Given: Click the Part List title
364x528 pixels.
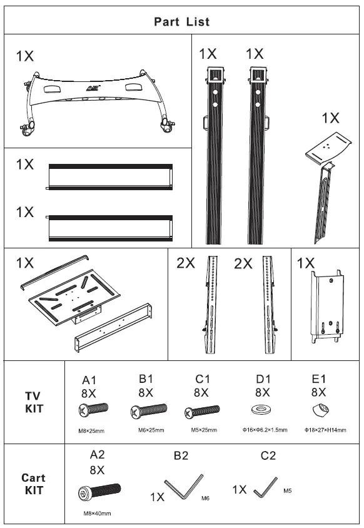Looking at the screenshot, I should pyautogui.click(x=182, y=22).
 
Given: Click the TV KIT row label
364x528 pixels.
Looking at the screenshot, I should pyautogui.click(x=33, y=402).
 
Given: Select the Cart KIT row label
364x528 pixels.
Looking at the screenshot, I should pyautogui.click(x=33, y=484).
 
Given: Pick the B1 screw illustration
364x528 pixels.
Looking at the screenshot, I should pyautogui.click(x=149, y=411).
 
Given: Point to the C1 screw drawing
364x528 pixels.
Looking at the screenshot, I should pyautogui.click(x=201, y=412).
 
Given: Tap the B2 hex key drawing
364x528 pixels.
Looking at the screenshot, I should pyautogui.click(x=183, y=487).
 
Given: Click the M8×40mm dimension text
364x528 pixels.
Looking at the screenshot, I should pyautogui.click(x=97, y=514).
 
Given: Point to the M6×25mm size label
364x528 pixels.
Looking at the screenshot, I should pyautogui.click(x=151, y=430).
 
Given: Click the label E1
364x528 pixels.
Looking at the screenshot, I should pyautogui.click(x=318, y=379).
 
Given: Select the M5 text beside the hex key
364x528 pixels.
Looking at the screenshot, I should pyautogui.click(x=288, y=491).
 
